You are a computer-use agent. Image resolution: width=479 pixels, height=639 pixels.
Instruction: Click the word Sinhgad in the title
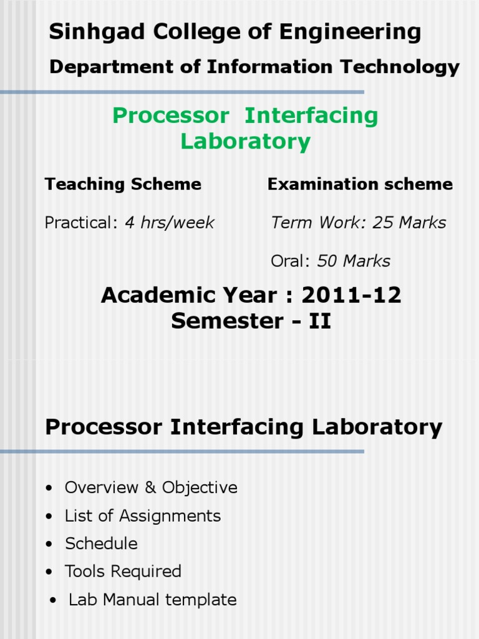97,32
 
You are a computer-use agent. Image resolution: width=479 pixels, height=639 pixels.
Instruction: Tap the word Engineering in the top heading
350,32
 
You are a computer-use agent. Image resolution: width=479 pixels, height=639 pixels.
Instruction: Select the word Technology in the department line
400,67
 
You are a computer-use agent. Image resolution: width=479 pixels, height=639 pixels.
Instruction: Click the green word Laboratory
246,142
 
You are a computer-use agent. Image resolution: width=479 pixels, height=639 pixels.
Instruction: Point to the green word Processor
171,115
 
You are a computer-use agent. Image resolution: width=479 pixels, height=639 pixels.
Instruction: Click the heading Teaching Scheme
123,184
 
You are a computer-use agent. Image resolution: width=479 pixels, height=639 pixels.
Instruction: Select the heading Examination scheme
360,184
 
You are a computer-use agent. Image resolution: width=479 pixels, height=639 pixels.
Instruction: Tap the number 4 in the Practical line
130,223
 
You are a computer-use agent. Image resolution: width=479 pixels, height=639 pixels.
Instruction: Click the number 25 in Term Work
382,223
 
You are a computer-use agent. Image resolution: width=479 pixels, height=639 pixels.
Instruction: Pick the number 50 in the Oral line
327,261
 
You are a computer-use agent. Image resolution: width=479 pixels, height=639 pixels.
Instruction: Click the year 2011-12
351,295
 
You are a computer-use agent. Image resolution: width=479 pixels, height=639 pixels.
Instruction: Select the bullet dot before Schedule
49,544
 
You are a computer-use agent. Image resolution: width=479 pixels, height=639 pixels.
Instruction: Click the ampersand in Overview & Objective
150,487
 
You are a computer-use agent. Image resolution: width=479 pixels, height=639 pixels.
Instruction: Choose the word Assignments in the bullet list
170,516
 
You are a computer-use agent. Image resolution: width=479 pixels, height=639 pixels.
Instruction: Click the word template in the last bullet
201,600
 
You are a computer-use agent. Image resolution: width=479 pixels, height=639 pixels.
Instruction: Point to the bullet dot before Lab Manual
53,600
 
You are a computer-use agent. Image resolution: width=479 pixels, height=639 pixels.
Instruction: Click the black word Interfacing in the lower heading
236,427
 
